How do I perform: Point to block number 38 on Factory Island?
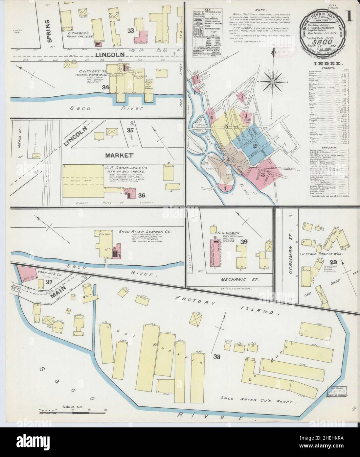216,357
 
